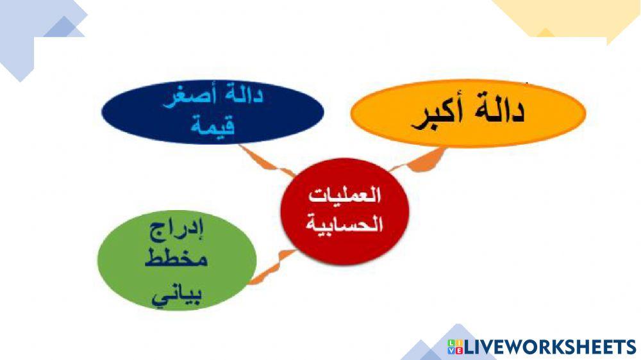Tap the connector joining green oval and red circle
pos(272,265)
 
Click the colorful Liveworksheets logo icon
pos(455,347)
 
